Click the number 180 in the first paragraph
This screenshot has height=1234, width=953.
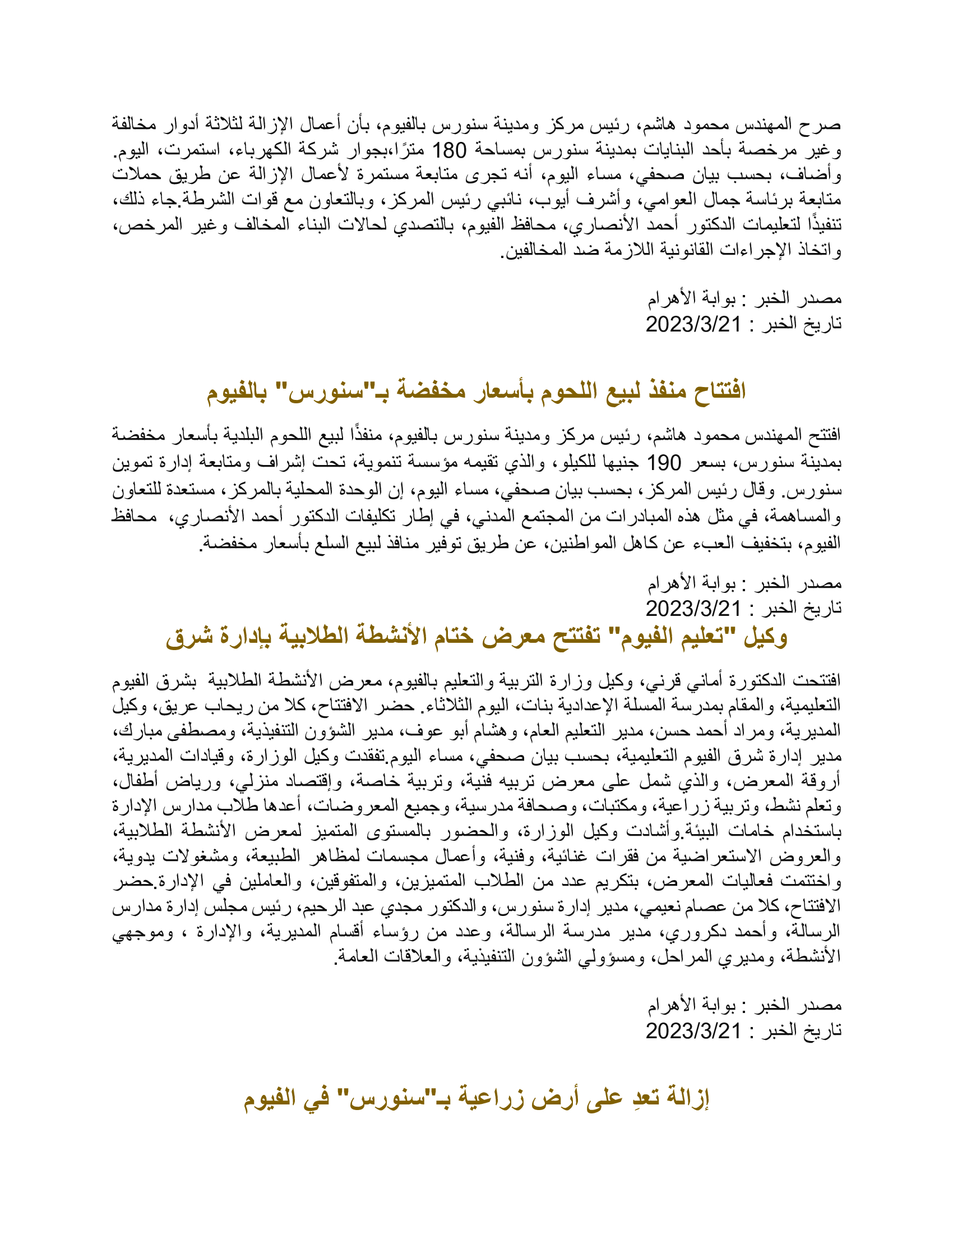pyautogui.click(x=449, y=150)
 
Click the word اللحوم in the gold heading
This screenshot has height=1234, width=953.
pyautogui.click(x=575, y=390)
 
